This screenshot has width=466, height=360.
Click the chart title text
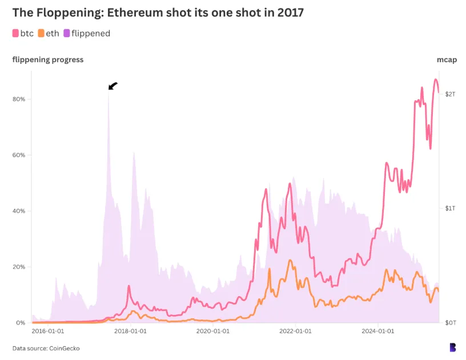tap(158, 13)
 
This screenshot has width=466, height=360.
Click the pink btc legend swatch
tap(16, 34)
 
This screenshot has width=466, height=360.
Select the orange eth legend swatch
tap(41, 34)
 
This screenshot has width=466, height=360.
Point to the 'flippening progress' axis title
tap(48, 59)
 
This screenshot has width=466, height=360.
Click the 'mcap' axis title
tap(447, 59)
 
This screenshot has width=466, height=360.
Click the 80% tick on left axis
tap(19, 99)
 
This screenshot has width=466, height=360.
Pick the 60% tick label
tap(19, 155)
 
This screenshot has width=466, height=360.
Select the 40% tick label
tap(19, 211)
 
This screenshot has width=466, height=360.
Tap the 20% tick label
tap(19, 267)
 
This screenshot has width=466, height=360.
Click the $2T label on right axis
tap(450, 94)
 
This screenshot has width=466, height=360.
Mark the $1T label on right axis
tap(450, 208)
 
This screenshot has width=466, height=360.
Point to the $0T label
tap(450, 323)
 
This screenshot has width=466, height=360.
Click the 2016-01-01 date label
tap(48, 330)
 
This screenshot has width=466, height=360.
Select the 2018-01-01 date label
tap(131, 330)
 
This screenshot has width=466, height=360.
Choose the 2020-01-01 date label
tap(214, 330)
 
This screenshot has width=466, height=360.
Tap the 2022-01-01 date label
tap(296, 330)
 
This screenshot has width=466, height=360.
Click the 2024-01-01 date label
tap(379, 330)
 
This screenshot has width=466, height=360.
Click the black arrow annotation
tap(113, 86)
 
